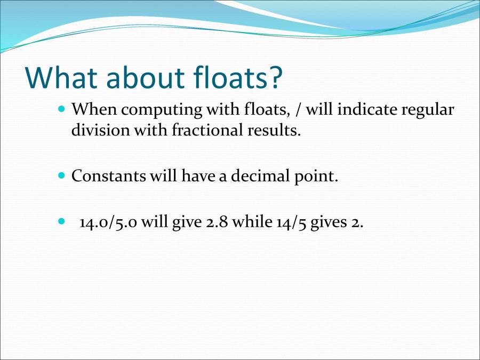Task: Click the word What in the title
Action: coord(62,77)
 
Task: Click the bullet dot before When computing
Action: coord(61,108)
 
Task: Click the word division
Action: coord(96,130)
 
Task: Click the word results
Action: coord(272,130)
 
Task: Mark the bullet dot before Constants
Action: coord(61,175)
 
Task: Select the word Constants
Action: coord(109,176)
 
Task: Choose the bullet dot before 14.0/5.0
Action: coord(61,220)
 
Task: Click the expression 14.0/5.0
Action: coord(110,222)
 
